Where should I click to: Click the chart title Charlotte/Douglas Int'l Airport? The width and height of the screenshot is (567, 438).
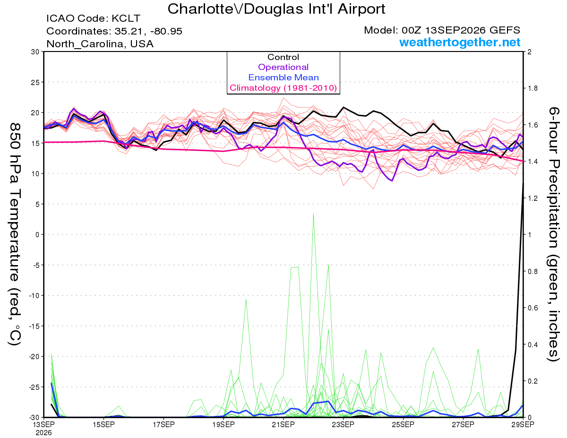276,9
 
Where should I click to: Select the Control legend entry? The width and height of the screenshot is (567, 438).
283,57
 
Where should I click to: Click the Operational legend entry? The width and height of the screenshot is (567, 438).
283,67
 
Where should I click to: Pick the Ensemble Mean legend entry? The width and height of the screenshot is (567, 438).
283,77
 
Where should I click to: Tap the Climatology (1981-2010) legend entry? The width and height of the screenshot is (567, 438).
283,88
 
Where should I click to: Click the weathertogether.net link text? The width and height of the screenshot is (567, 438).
460,42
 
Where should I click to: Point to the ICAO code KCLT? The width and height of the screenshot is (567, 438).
126,18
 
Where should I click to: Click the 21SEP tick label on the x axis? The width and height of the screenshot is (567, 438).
283,424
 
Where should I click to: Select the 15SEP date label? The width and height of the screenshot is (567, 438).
103,424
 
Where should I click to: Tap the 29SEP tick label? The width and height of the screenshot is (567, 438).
523,424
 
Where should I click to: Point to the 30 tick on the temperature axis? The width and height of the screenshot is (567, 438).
35,52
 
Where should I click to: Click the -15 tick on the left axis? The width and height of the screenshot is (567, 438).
34,326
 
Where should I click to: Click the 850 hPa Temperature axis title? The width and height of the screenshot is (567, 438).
15,234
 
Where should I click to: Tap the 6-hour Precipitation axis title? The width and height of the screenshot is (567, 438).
553,234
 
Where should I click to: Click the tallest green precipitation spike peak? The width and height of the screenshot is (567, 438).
313,214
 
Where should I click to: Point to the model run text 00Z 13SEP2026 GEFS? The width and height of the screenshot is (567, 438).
461,30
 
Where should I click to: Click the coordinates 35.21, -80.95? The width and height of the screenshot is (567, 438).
148,31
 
